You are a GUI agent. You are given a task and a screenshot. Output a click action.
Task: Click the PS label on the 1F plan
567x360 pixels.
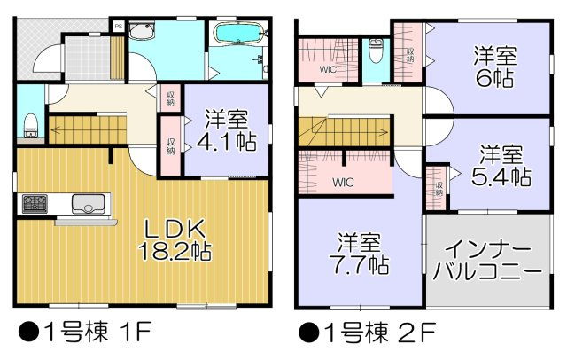coord(118,27)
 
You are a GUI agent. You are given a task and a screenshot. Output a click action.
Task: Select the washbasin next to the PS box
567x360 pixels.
coord(142,32)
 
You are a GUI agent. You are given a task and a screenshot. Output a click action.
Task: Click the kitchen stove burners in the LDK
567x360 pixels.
coord(35,206)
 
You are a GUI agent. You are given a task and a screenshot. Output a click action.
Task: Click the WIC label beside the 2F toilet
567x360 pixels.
coord(327,67)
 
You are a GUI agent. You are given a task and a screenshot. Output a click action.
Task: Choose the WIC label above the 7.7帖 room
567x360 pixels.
coord(344,184)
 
